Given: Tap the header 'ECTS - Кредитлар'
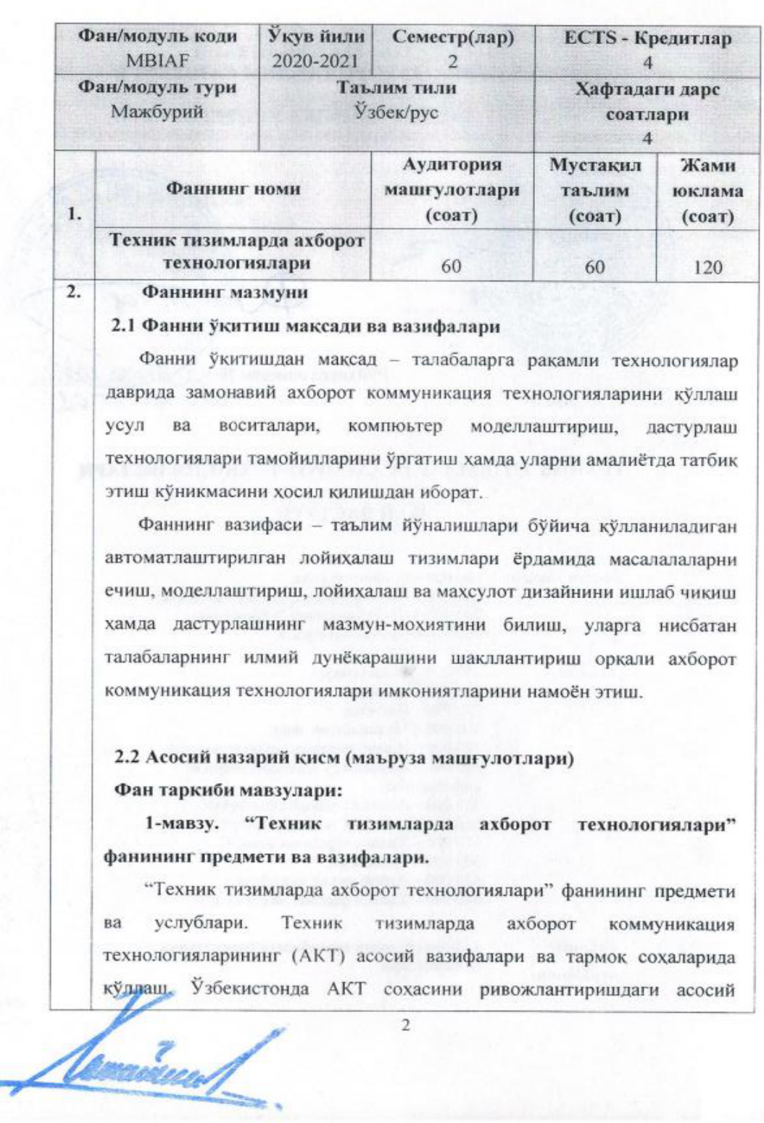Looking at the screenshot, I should [x=647, y=38].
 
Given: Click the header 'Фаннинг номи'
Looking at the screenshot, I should [x=233, y=190].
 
